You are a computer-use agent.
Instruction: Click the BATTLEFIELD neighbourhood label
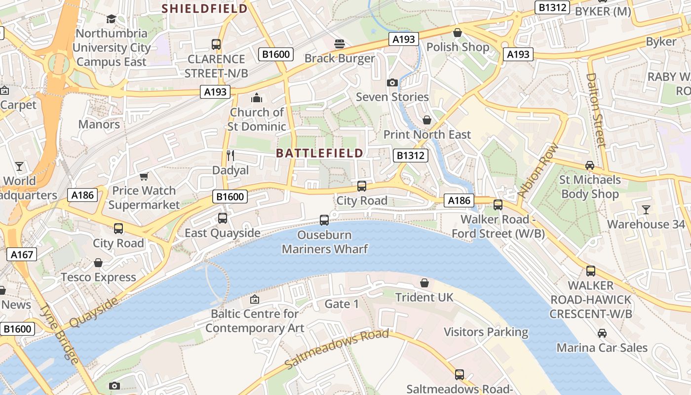coord(320,153)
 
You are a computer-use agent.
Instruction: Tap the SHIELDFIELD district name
coord(205,8)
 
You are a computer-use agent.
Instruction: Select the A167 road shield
coord(22,254)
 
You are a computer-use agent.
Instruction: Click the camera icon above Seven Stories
coord(392,82)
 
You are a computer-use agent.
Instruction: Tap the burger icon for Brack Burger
coord(339,44)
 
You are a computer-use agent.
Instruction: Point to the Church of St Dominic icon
coord(257,98)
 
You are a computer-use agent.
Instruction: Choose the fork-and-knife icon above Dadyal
coord(230,156)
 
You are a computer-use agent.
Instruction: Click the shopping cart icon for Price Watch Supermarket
coord(144,176)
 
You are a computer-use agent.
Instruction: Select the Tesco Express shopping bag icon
coord(98,263)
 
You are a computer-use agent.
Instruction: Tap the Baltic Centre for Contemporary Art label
coord(255,320)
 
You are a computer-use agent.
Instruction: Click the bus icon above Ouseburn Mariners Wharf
coord(324,220)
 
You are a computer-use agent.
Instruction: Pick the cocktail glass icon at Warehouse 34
coord(646,210)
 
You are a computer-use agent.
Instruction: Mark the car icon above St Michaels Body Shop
coord(589,165)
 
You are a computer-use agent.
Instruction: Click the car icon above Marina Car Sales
coord(602,333)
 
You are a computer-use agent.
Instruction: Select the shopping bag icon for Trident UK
coord(424,283)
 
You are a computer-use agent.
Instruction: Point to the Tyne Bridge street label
coord(59,334)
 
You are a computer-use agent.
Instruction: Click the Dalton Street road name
coord(595,110)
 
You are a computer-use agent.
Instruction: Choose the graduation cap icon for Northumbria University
coord(111,19)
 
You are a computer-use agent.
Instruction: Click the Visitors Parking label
coord(486,332)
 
